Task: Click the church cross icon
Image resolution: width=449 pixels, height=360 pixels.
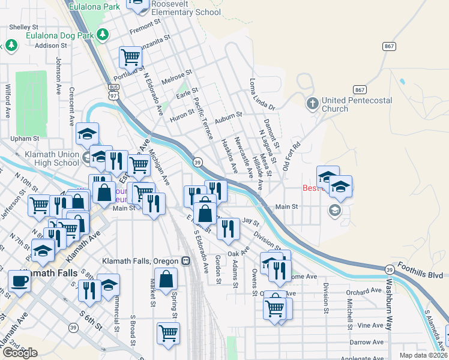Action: click(312, 104)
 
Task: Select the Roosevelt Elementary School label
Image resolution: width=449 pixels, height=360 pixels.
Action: click(186, 8)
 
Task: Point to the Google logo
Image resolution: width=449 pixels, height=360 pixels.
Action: click(19, 353)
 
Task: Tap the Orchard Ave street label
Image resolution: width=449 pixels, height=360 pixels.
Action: click(364, 290)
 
